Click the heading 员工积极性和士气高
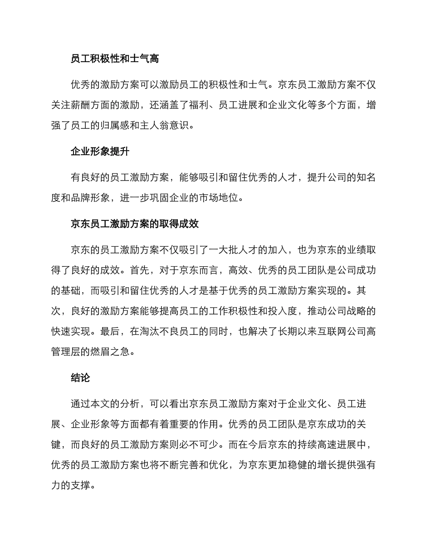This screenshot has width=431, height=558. pyautogui.click(x=115, y=59)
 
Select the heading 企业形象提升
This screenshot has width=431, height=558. pyautogui.click(x=100, y=152)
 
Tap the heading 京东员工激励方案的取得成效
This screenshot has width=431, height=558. pyautogui.click(x=135, y=224)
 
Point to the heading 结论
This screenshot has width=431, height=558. pyautogui.click(x=81, y=378)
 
